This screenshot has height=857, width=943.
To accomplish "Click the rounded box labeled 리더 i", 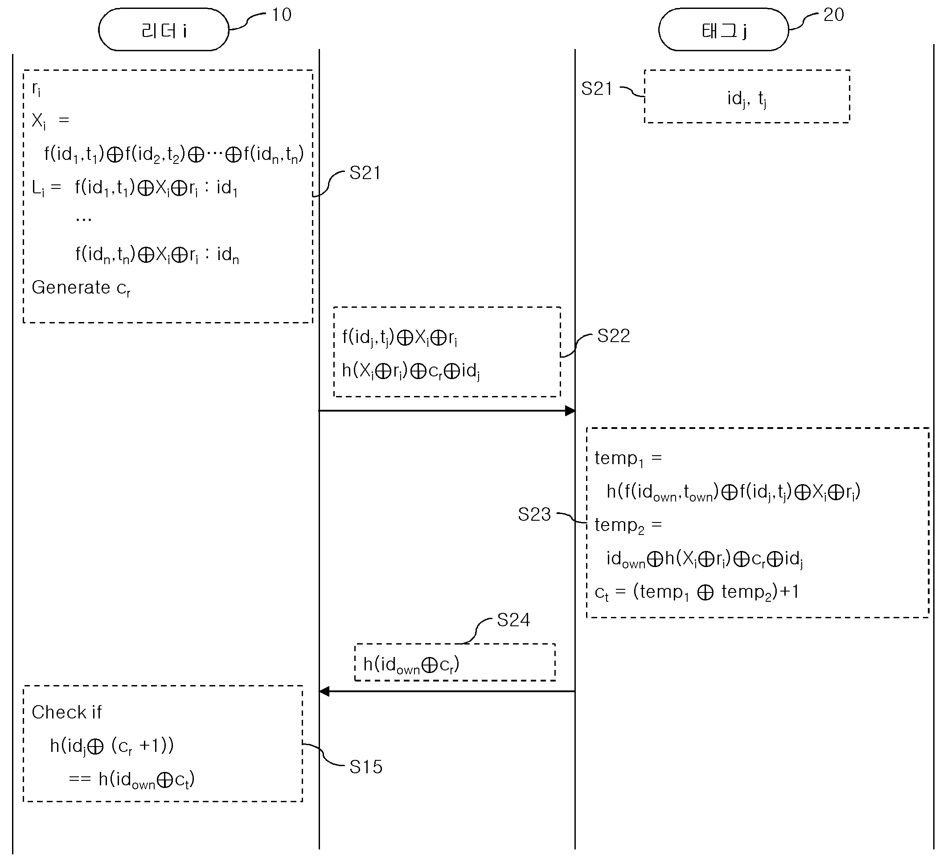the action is pos(164,29).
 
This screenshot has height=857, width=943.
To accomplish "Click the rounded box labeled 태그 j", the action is pos(724,29).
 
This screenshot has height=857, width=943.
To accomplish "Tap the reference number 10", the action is pos(282,15).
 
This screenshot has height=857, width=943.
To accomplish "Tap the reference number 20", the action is pos(833,15).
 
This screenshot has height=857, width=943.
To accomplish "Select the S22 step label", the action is pos(614,336).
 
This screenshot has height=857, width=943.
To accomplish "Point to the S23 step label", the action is pos(535,514).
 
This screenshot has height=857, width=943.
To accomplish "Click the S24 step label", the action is pos(513,620).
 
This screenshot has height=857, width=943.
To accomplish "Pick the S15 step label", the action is pos(366,767).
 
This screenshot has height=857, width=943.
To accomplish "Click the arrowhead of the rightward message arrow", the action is pos(570,411).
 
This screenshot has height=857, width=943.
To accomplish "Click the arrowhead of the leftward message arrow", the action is pos(324,691).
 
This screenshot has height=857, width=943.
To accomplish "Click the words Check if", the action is pos(66,712).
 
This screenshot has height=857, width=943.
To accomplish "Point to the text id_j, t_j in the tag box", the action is pos(747,98).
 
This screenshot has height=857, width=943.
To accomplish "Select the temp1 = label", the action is pos(628,459).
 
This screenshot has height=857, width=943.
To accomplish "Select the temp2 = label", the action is pos(628,526).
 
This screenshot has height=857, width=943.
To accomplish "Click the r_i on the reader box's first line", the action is pos(36,88).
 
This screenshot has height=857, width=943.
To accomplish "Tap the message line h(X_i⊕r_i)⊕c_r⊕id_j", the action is pos(411,371).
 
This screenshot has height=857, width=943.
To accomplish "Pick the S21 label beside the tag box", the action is pos(597,88).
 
